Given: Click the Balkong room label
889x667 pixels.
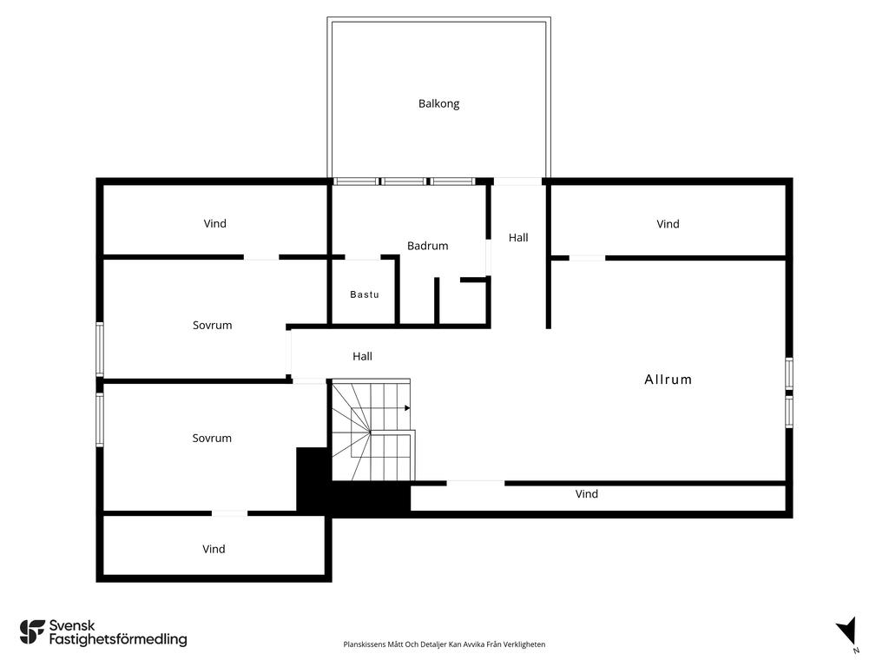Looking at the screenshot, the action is point(438,104).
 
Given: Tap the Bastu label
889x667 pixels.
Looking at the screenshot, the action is point(364,294).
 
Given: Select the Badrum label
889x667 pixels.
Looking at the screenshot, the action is point(427,246).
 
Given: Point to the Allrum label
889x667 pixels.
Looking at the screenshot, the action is point(668,380).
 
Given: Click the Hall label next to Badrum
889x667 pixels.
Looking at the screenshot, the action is point(518,238).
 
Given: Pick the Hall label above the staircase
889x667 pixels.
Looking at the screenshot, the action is point(362,356).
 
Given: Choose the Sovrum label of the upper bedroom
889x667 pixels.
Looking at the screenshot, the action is point(212,325).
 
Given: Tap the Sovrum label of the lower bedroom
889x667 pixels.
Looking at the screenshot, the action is point(212,438).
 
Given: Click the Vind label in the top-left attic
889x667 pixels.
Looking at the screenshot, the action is point(215,223).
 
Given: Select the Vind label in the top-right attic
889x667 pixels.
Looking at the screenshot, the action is point(668,224).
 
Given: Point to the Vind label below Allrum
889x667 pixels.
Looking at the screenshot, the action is point(586,494).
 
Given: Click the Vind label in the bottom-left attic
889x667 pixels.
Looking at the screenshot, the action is point(214,549).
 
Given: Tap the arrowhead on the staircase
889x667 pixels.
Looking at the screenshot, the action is point(407,408).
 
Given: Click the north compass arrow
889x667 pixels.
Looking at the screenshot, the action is point(847,631).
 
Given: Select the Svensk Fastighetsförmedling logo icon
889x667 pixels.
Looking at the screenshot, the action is point(32,632).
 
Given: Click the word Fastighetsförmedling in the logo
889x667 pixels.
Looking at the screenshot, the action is point(118,640).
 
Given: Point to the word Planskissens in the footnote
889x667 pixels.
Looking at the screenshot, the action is point(365,644).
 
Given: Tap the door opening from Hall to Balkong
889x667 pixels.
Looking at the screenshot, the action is point(518,182).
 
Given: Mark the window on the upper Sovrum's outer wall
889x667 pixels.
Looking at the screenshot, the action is point(100,349).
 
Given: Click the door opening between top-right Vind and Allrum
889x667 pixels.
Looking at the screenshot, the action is point(587,258).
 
